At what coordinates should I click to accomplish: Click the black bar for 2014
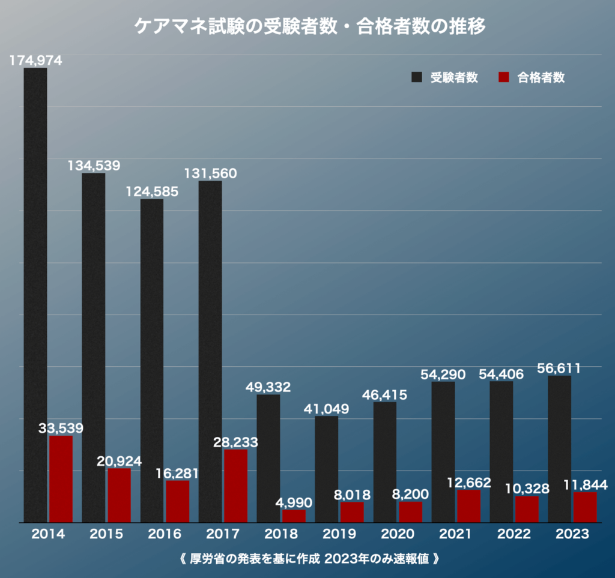[x=35, y=294]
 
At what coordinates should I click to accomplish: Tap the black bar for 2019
[x=326, y=469]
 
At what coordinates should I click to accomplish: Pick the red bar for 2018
[x=294, y=516]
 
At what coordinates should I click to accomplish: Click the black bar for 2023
[x=559, y=449]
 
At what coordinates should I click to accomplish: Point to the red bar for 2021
[x=468, y=505]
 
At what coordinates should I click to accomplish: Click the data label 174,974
[x=35, y=60]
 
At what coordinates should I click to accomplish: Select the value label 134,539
[x=94, y=166]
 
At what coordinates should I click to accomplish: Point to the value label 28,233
[x=235, y=442]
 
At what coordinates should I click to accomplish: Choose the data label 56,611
[x=559, y=368]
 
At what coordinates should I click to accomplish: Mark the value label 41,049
[x=326, y=409]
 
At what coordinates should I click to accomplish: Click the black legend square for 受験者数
[x=417, y=77]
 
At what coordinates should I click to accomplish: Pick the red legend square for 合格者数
[x=504, y=77]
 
